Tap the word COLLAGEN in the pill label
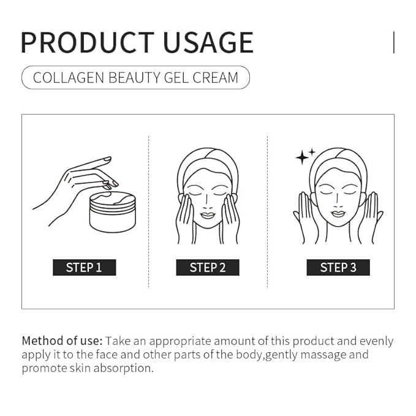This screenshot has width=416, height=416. click(69, 78)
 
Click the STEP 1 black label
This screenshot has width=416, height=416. click(84, 267)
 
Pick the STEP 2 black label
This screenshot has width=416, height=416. click(208, 267)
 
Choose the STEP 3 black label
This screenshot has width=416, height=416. click(338, 267)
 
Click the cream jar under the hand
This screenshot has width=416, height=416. click(112, 212)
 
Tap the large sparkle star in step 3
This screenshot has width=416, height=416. click(301, 157)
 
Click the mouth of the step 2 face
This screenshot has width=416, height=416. click(208, 216)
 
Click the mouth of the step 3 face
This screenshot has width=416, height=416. click(338, 214)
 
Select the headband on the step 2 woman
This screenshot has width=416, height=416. click(208, 159)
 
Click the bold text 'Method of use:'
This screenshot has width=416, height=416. click(62, 341)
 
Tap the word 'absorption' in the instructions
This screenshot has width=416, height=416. click(124, 368)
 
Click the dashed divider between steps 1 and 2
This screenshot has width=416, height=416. click(149, 211)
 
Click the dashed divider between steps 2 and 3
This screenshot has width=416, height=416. click(268, 211)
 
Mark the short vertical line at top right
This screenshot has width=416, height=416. click(393, 42)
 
